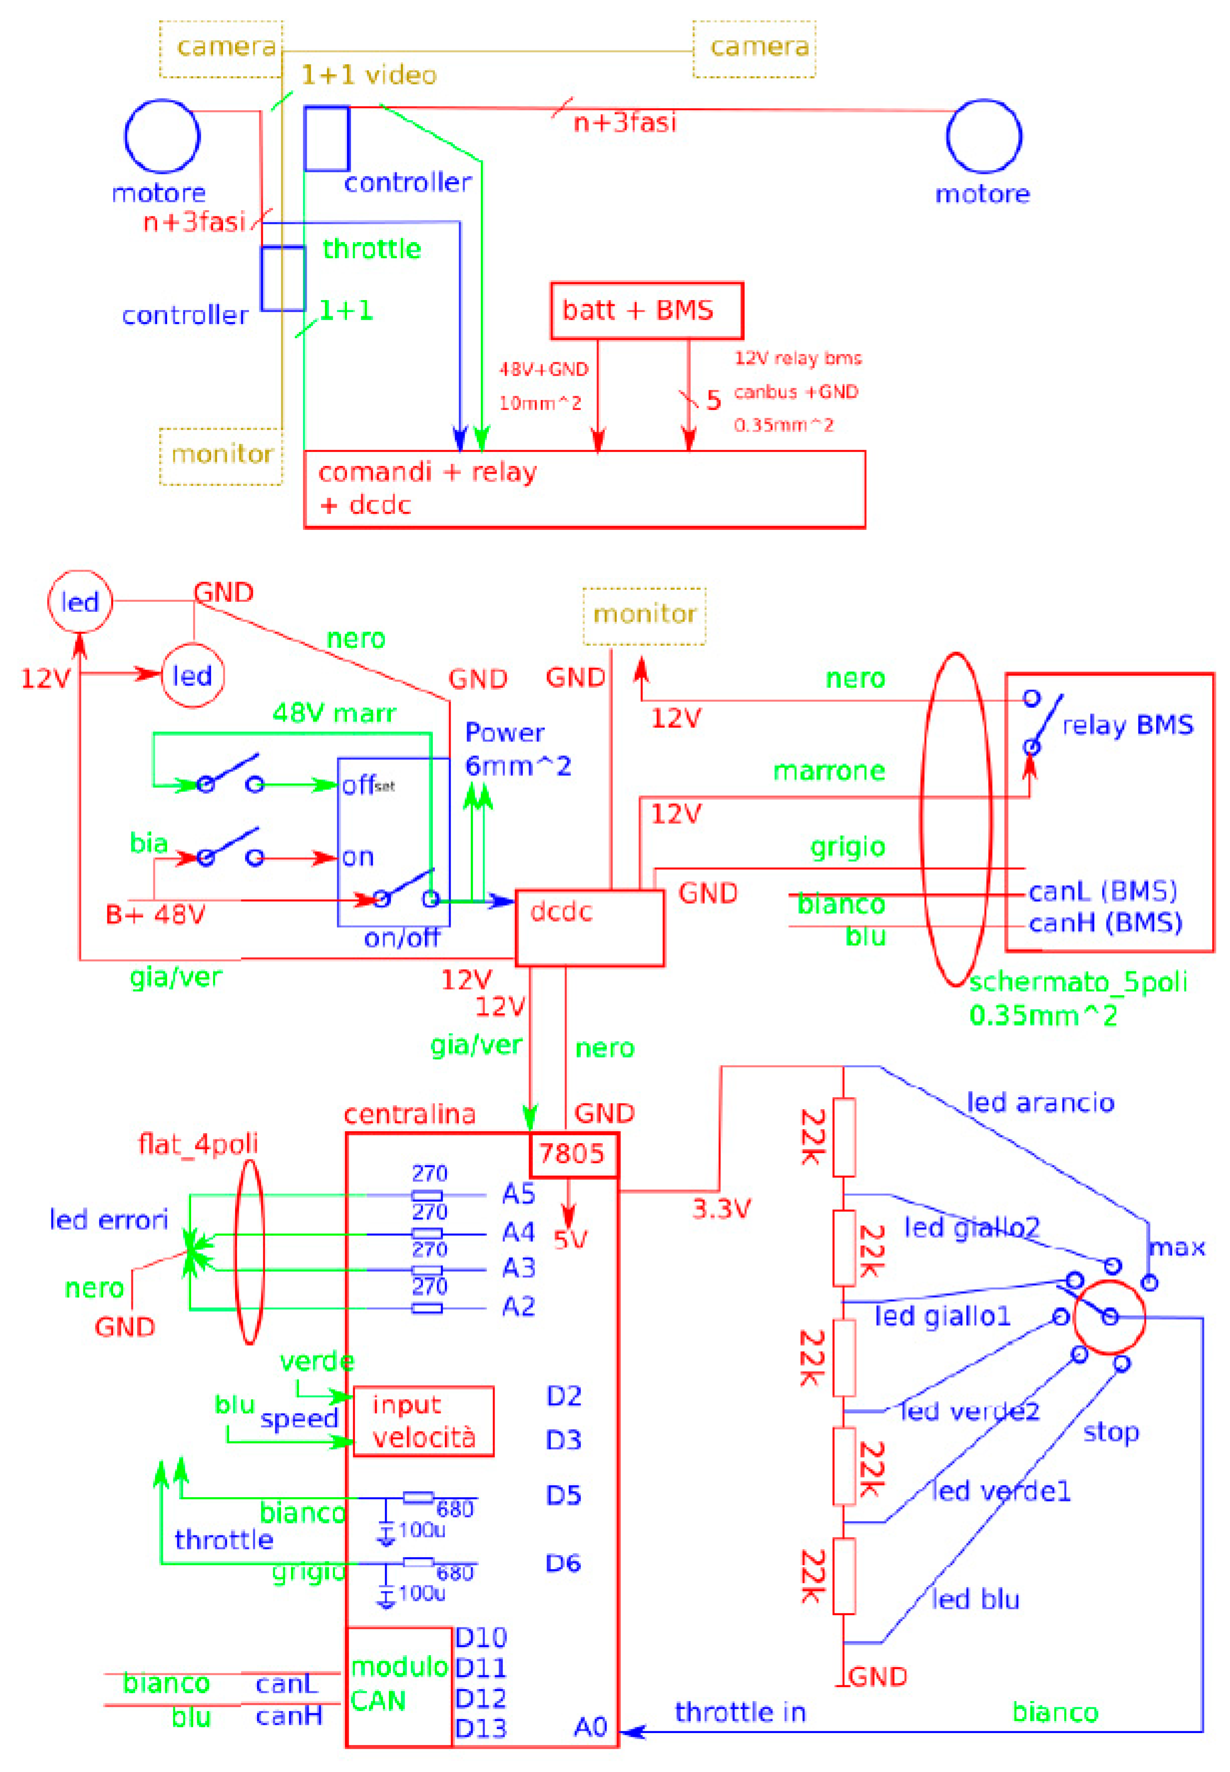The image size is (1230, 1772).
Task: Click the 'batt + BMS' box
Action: point(646,310)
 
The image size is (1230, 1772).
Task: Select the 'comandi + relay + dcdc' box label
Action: point(428,488)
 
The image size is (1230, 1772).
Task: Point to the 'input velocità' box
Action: point(423,1421)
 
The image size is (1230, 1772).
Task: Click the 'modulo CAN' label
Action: point(398,1683)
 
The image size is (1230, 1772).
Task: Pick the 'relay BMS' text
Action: point(1128,725)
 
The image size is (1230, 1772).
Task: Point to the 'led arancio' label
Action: point(1041,1103)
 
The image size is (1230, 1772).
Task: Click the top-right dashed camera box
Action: point(754,48)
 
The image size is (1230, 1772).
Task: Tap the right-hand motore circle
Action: point(984,136)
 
